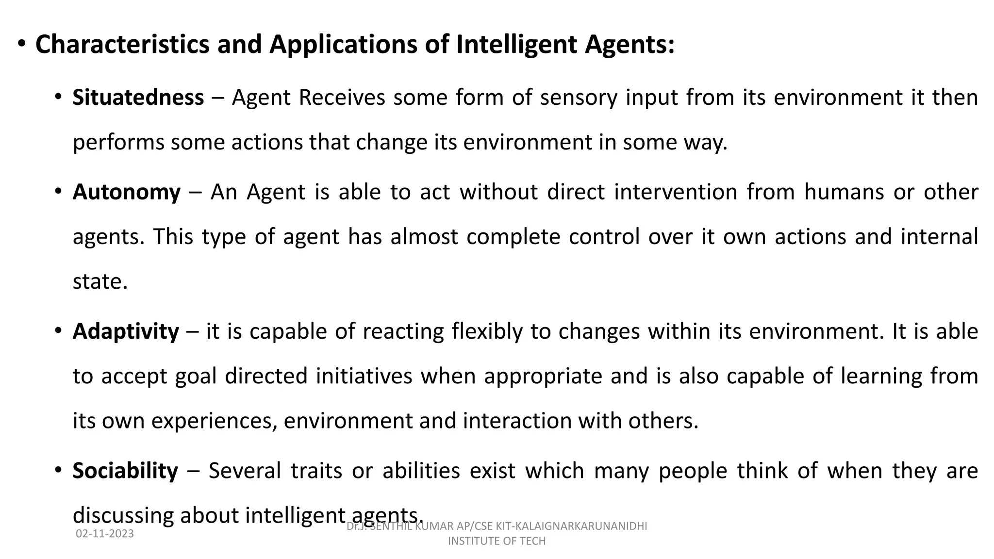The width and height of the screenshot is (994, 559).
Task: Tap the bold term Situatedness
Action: tap(138, 98)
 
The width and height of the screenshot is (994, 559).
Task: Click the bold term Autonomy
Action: tap(127, 192)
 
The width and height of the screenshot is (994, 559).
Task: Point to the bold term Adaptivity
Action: tap(126, 331)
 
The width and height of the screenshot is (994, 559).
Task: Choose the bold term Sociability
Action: tap(125, 471)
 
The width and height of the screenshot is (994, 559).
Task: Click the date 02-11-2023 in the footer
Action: tap(105, 534)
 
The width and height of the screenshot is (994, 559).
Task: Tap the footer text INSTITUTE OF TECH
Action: tap(497, 541)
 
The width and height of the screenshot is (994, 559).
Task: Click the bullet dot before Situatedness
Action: tap(58, 96)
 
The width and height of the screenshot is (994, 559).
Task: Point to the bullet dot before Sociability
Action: tap(58, 470)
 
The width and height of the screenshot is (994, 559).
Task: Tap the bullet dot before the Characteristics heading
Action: tap(21, 44)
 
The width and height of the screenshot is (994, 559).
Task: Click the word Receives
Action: tap(342, 98)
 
